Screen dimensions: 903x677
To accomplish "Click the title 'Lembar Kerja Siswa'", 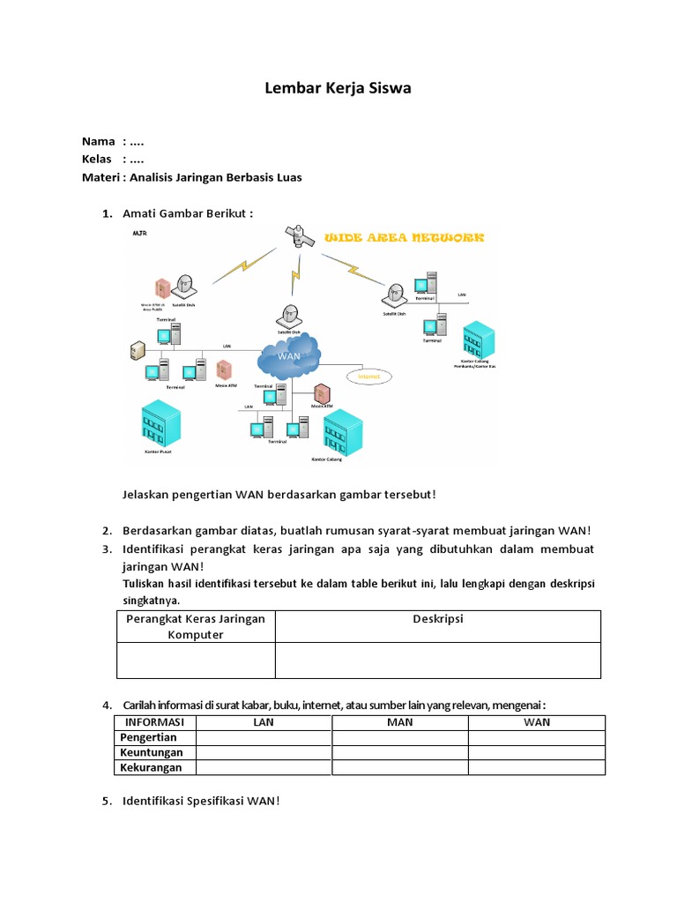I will (x=338, y=89).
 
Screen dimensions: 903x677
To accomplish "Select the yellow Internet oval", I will (x=369, y=376).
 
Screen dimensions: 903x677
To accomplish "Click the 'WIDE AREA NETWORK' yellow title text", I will (x=405, y=238).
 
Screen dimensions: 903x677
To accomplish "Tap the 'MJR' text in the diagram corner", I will (x=138, y=235).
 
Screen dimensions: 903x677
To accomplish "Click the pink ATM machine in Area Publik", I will (x=162, y=287).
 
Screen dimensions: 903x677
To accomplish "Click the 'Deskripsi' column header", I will (x=438, y=619).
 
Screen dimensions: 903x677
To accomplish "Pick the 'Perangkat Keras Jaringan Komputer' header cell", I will (x=196, y=626).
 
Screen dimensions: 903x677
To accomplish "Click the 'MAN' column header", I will (x=399, y=722).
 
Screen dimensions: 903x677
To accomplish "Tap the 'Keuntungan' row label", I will (x=152, y=752).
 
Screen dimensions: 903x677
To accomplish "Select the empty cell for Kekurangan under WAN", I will (x=536, y=767).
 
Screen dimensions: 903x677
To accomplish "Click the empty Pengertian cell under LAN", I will (x=264, y=737).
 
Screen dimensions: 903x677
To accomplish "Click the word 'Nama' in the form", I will (x=99, y=141).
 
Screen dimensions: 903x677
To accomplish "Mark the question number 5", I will (x=106, y=801).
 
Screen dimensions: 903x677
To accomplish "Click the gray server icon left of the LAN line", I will (x=135, y=350).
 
